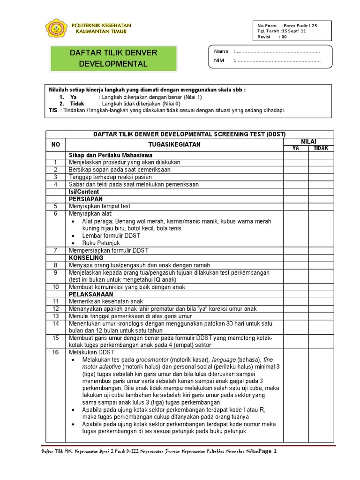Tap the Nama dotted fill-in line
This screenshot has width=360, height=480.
click(277, 52)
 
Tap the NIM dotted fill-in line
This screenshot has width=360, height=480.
click(277, 60)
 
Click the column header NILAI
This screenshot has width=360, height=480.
click(308, 141)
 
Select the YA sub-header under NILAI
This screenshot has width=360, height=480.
click(296, 148)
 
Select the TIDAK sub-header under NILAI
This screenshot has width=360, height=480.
click(321, 148)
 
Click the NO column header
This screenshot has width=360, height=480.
click(56, 144)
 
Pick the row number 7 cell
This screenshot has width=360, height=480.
click(56, 250)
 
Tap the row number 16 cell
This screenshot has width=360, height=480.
click(56, 352)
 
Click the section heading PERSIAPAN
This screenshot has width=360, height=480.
click(85, 199)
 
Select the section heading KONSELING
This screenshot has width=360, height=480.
click(86, 258)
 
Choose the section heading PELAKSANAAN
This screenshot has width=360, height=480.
click(91, 294)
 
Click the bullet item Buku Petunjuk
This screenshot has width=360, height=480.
click(101, 243)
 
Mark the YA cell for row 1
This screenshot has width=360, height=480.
click(296, 162)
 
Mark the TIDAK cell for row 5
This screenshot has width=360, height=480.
click(321, 206)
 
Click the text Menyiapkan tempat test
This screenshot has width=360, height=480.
click(99, 206)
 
